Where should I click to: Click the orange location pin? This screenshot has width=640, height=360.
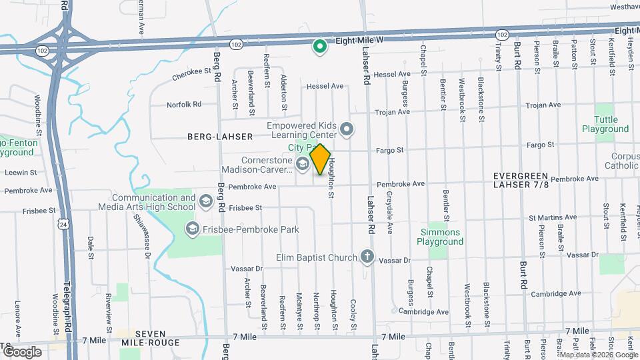321,159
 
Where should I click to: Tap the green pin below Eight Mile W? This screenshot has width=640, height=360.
320,47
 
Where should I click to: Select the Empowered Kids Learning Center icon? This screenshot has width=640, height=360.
346,129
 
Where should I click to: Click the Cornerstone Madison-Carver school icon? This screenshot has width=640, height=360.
303,165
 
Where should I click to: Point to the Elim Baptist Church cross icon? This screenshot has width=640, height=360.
367,257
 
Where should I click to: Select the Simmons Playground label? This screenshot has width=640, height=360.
441,237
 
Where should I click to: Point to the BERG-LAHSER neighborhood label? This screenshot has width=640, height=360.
220,137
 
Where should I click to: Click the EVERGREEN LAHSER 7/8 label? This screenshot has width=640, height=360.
522,180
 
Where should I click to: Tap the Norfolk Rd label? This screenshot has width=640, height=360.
183,105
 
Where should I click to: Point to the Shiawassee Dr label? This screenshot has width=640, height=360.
142,233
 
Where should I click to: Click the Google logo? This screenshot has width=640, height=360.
22,352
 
